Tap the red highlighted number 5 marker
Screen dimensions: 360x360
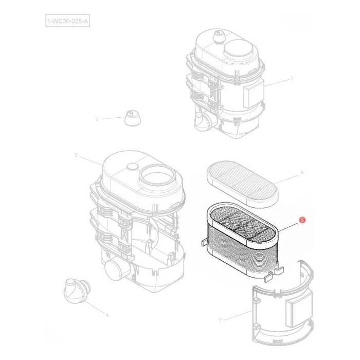[302, 220]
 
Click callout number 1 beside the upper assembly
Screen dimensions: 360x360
[292, 79]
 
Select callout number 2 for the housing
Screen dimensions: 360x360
[76, 155]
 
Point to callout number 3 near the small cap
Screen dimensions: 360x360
[96, 119]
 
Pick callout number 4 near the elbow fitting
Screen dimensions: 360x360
[106, 314]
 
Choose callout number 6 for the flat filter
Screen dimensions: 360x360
[302, 173]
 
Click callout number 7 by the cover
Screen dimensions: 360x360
[220, 320]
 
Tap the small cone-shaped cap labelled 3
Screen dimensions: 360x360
[133, 120]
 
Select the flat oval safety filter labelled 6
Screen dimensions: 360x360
[243, 182]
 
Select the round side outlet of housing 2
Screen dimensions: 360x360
[114, 269]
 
